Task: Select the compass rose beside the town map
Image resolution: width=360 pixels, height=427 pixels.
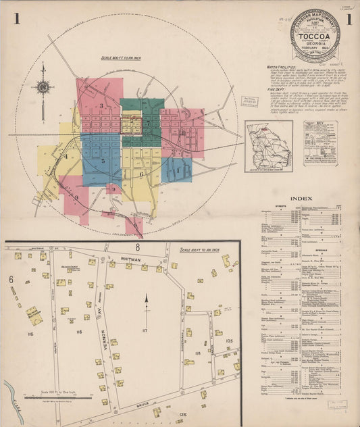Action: tap(43, 86)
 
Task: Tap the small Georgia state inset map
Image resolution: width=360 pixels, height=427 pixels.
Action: tap(269, 145)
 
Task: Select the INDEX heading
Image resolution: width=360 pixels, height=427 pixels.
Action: tap(301, 198)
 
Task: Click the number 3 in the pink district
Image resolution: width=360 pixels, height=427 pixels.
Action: tap(102, 105)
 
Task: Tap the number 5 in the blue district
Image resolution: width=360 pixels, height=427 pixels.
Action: tap(103, 161)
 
